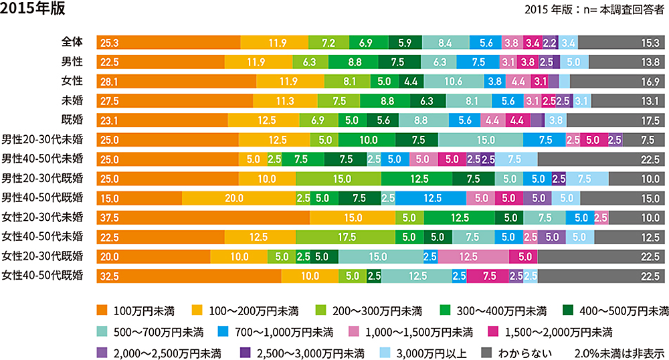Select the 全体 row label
point(71,42)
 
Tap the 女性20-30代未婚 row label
point(43,217)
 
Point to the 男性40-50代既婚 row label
point(43,198)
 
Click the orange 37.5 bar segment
point(203,218)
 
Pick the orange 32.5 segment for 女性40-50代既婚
point(189,276)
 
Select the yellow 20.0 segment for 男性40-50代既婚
point(238,198)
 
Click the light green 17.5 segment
point(345,238)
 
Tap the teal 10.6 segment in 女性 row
point(454,81)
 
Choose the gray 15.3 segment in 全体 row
point(622,42)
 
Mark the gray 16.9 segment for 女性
point(617,81)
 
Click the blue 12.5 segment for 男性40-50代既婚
point(432,198)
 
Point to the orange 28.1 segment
point(177,81)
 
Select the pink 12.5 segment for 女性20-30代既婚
point(473,257)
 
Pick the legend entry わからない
point(521,352)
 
